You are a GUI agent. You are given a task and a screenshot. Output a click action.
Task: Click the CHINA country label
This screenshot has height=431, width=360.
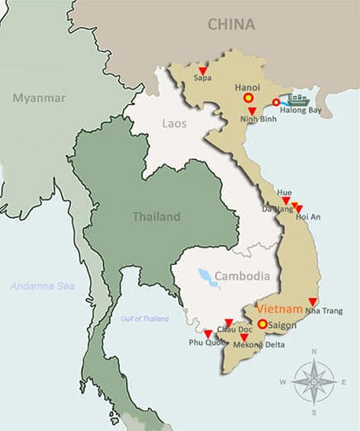pyautogui.click(x=230, y=24)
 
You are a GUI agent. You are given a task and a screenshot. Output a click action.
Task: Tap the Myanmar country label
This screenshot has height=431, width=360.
pyautogui.click(x=38, y=98)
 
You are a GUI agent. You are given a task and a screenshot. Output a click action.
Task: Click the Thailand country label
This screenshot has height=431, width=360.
pyautogui.click(x=156, y=216)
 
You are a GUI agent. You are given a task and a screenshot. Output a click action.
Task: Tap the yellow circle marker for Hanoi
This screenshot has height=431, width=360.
pyautogui.click(x=247, y=98)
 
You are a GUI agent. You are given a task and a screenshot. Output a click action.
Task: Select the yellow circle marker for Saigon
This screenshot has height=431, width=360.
pyautogui.click(x=262, y=324)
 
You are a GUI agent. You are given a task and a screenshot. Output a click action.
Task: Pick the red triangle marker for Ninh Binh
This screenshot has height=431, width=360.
pyautogui.click(x=252, y=111)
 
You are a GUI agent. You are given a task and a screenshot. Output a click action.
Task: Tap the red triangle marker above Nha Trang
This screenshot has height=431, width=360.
pyautogui.click(x=312, y=301)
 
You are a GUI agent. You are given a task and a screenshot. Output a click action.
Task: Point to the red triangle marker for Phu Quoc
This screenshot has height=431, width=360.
pyautogui.click(x=208, y=334)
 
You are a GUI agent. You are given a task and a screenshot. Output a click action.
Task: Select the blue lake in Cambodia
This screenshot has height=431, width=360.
pyautogui.click(x=208, y=277)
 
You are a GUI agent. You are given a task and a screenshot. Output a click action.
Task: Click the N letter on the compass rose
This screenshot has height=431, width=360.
pyautogui.click(x=313, y=352)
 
